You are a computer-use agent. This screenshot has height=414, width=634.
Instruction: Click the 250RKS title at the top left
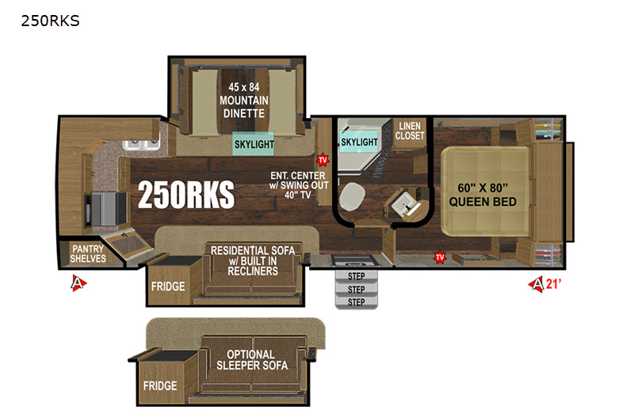[x=50, y=21]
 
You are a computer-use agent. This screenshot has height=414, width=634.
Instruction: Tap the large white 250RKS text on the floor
[x=186, y=195]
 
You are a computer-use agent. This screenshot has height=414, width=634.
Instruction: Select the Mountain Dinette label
[x=244, y=101]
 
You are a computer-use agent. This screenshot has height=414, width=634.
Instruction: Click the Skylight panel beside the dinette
[x=254, y=144]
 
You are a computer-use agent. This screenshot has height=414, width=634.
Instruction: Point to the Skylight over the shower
[x=359, y=142]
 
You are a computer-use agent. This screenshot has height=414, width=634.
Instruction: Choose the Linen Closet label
[x=410, y=131]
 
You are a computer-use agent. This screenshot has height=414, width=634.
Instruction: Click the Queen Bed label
[x=483, y=195]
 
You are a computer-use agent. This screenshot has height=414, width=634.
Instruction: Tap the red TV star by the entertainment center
[x=323, y=160]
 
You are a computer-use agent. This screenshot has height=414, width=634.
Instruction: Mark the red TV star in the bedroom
[x=440, y=257]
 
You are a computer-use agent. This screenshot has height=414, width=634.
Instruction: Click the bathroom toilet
[x=350, y=196]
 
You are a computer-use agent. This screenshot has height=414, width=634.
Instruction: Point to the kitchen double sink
[x=141, y=144]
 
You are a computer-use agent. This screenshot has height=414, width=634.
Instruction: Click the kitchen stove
[x=105, y=209]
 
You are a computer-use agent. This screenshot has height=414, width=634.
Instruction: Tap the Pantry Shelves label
[x=88, y=253]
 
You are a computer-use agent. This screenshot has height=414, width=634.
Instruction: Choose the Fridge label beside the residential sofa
[x=168, y=287]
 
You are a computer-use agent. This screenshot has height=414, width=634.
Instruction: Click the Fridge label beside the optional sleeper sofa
[x=160, y=386]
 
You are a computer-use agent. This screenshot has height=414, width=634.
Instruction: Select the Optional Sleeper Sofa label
[x=252, y=360]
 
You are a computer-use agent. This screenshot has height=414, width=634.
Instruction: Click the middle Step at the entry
[x=356, y=289]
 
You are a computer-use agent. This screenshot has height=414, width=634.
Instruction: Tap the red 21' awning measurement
[x=553, y=284]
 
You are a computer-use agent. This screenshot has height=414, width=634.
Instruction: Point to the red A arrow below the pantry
[x=78, y=283]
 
